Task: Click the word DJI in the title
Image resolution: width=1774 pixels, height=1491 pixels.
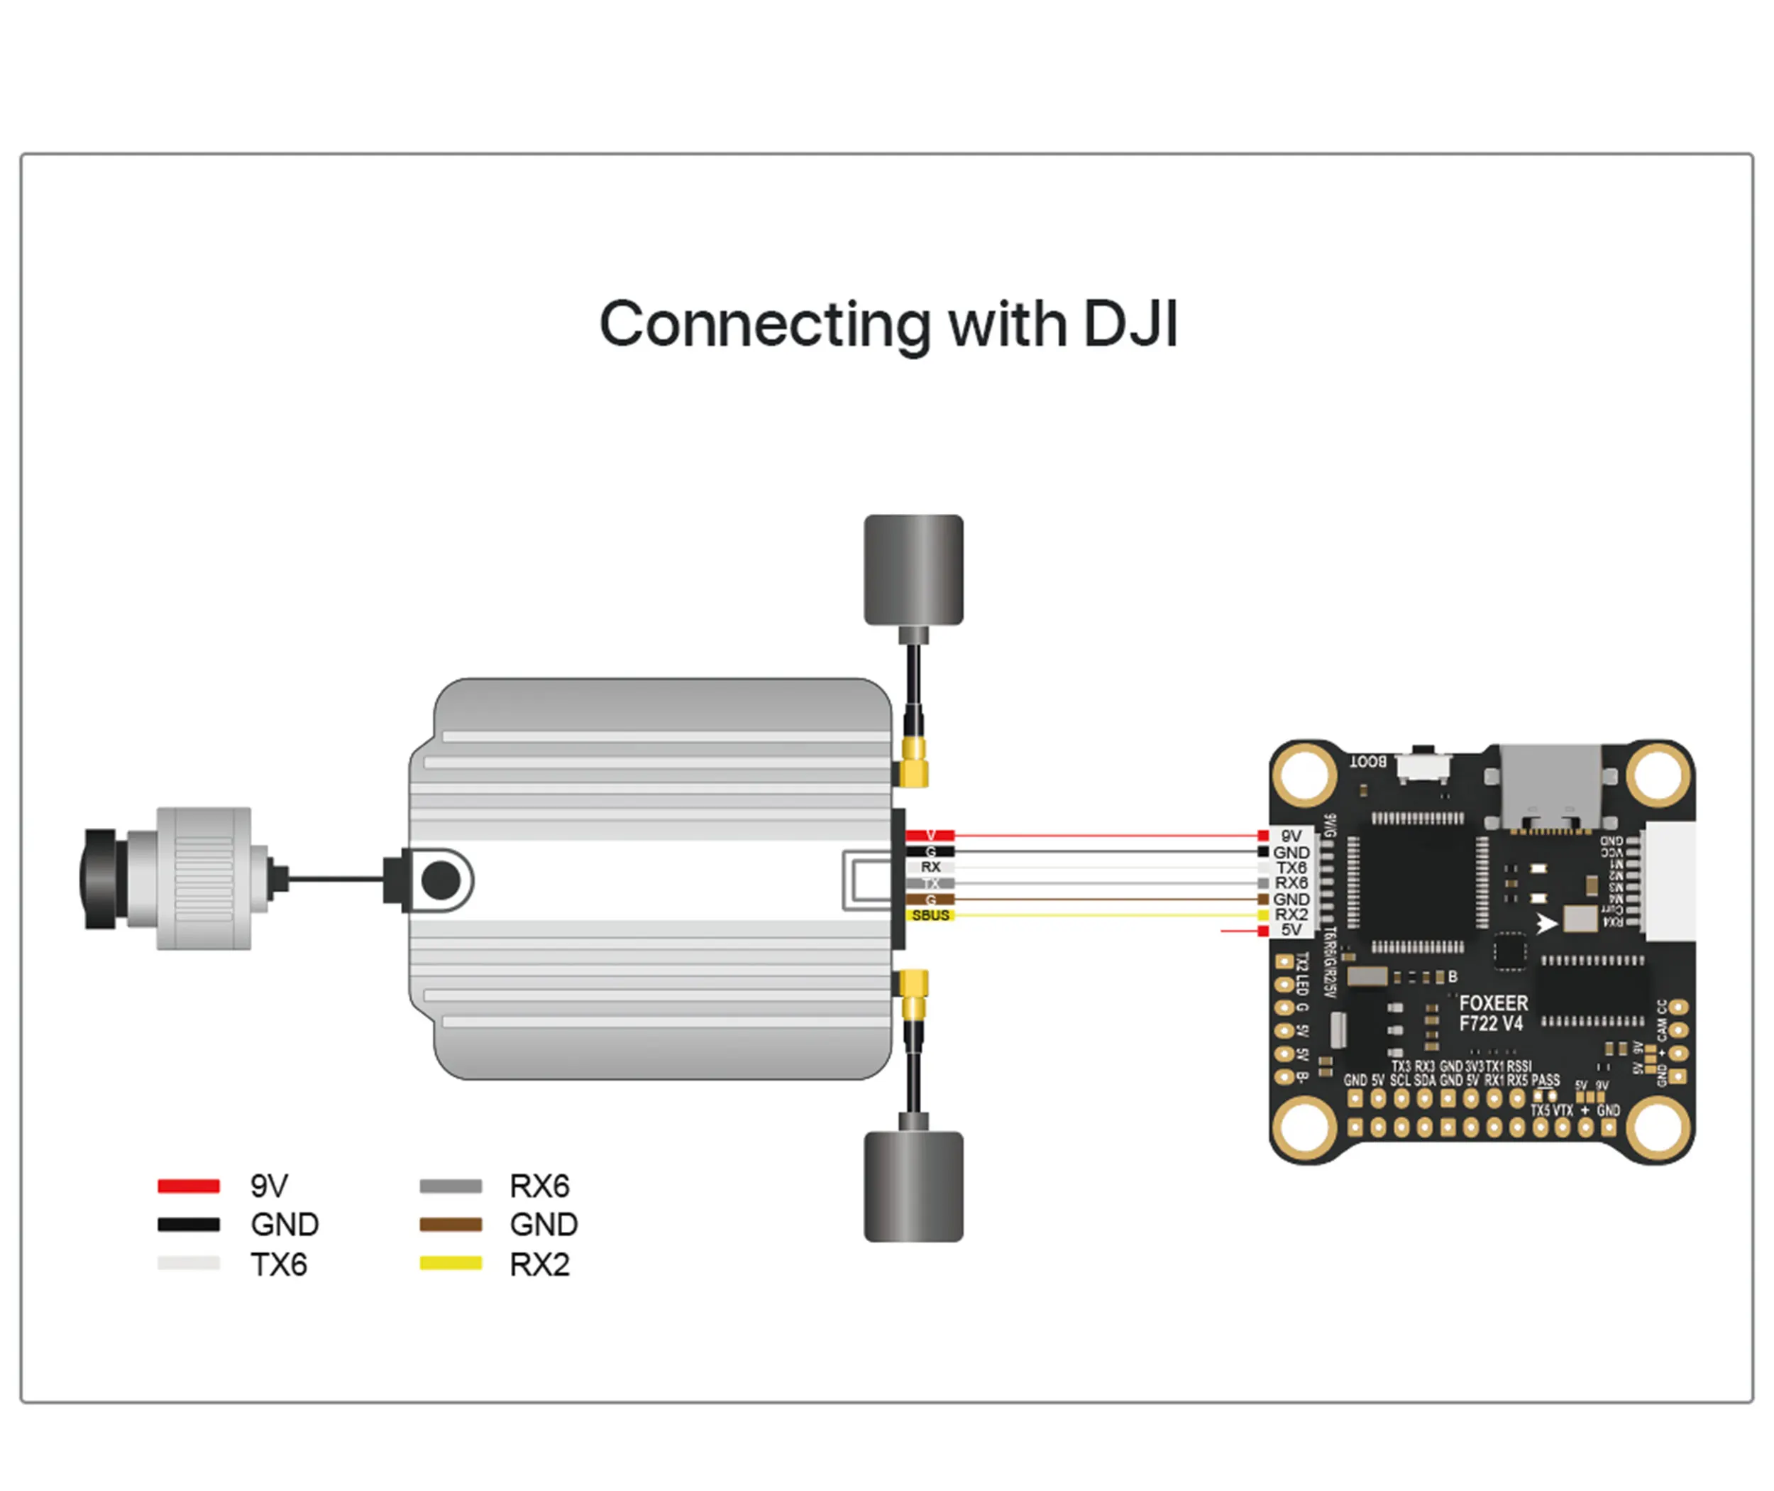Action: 1130,324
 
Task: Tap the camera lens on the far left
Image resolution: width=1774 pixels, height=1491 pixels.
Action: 99,879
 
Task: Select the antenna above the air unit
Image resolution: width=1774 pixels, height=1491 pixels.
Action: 913,569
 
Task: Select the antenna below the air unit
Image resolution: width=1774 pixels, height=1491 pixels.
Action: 913,1186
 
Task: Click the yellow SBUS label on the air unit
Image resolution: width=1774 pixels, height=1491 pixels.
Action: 930,915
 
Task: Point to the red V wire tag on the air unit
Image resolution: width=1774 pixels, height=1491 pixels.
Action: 930,835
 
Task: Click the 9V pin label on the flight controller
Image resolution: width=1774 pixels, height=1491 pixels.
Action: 1291,836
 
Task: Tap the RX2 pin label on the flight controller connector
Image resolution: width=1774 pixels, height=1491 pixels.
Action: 1291,914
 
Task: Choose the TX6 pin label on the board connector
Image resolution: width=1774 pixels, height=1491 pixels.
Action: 1291,867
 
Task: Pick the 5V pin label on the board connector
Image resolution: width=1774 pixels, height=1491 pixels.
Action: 1291,930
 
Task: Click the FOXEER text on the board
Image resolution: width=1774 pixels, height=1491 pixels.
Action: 1493,1003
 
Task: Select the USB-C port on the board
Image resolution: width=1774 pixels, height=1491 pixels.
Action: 1550,786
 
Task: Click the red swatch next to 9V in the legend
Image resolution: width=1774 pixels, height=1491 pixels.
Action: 188,1186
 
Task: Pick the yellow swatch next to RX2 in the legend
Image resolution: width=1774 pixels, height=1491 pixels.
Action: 451,1264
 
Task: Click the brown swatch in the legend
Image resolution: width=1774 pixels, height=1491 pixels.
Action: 451,1224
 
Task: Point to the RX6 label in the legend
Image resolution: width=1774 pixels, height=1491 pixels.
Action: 539,1186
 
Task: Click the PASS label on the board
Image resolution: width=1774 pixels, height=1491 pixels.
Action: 1545,1080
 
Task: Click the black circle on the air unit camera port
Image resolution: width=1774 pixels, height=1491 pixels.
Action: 440,880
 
